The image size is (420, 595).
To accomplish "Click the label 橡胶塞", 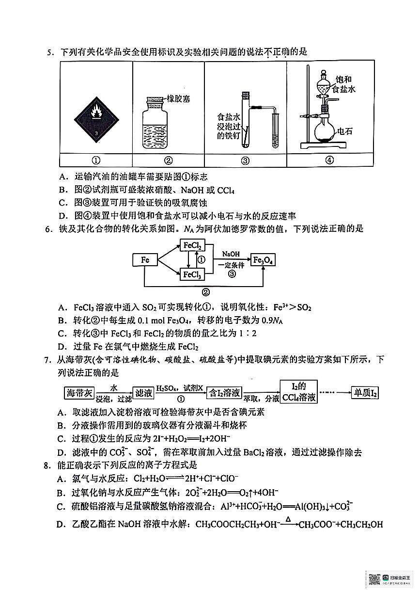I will (178, 98).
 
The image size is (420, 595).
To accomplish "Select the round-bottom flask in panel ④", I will (323, 129).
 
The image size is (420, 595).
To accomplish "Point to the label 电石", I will (344, 130).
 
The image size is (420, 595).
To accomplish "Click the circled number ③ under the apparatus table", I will (245, 161).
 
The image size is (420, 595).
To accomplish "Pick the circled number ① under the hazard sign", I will (96, 161).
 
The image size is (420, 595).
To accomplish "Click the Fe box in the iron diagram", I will (145, 260).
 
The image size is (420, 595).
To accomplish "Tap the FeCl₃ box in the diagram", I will (192, 275).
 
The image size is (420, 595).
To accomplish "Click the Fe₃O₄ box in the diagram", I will (263, 260).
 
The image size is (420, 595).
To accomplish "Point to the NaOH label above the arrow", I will (231, 254).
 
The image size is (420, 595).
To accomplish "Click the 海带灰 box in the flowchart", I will (79, 393).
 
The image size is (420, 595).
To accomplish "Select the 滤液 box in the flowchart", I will (144, 393).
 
